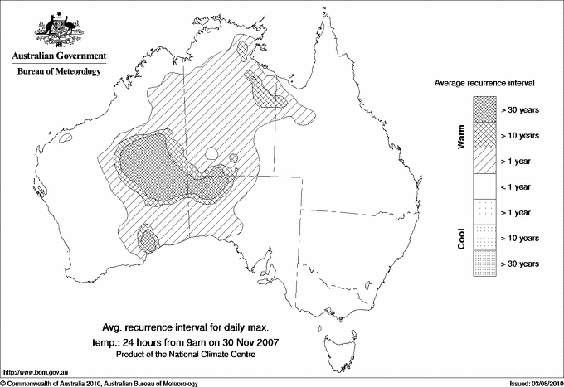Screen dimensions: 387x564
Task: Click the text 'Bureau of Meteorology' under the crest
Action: point(58,72)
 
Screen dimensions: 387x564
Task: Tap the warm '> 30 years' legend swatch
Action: point(483,109)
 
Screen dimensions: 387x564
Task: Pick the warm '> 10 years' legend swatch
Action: point(483,134)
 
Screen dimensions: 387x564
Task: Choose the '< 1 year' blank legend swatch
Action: point(483,186)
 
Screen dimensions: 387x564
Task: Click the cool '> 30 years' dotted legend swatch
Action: point(483,263)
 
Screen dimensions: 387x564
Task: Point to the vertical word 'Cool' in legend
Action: point(461,238)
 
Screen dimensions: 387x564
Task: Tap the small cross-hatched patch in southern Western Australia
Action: point(148,241)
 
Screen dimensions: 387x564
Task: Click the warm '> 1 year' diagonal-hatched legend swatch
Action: point(483,160)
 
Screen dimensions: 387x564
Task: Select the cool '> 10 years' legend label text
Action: point(520,238)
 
